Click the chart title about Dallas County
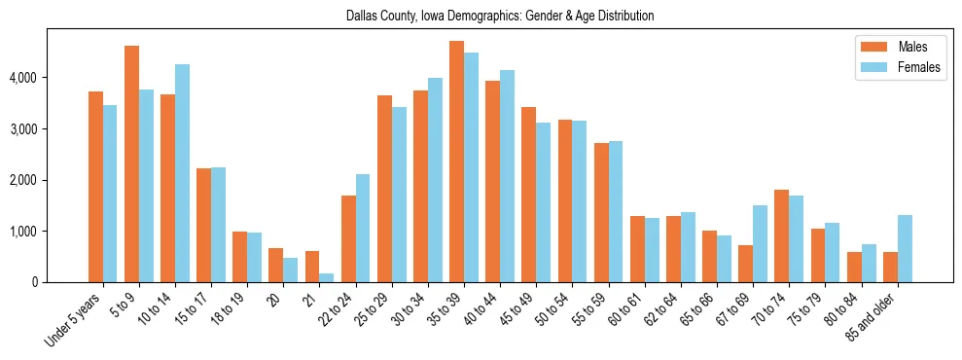tap(500, 17)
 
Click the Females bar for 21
tap(326, 277)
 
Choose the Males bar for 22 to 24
tap(348, 238)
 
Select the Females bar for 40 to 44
tap(507, 176)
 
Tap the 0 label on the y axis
tap(37, 282)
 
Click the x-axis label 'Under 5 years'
tap(74, 320)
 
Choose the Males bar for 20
tap(276, 265)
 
